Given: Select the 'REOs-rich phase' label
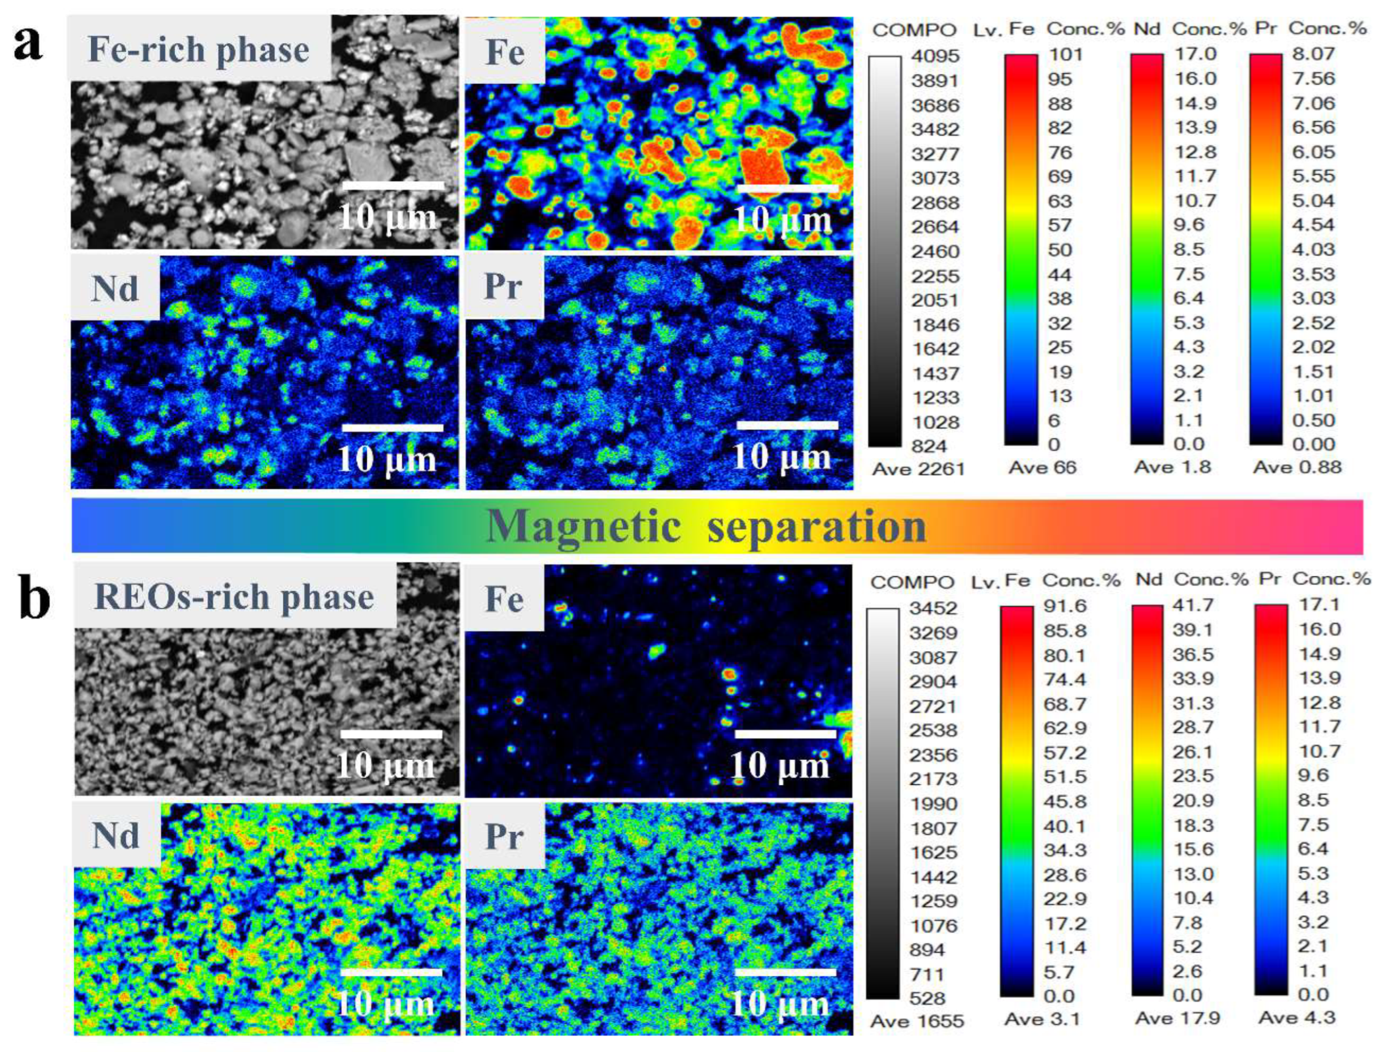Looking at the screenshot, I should point(234,596).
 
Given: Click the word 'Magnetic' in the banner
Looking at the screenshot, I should point(583,526).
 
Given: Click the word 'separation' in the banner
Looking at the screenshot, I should point(817,526).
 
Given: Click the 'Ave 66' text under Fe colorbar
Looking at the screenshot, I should point(1042,468).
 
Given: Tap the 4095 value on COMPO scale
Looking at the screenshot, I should point(935,56).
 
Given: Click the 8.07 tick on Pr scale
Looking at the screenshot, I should point(1314,54).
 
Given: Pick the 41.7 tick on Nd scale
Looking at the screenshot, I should point(1193,606).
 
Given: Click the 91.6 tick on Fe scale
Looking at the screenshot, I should point(1065,606).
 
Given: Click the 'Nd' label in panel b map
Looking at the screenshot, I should point(116,836).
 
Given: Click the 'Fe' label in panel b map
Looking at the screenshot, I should point(505,599).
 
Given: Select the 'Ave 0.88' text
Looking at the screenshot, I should point(1297,467).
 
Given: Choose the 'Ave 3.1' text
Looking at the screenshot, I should point(1042,1019).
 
